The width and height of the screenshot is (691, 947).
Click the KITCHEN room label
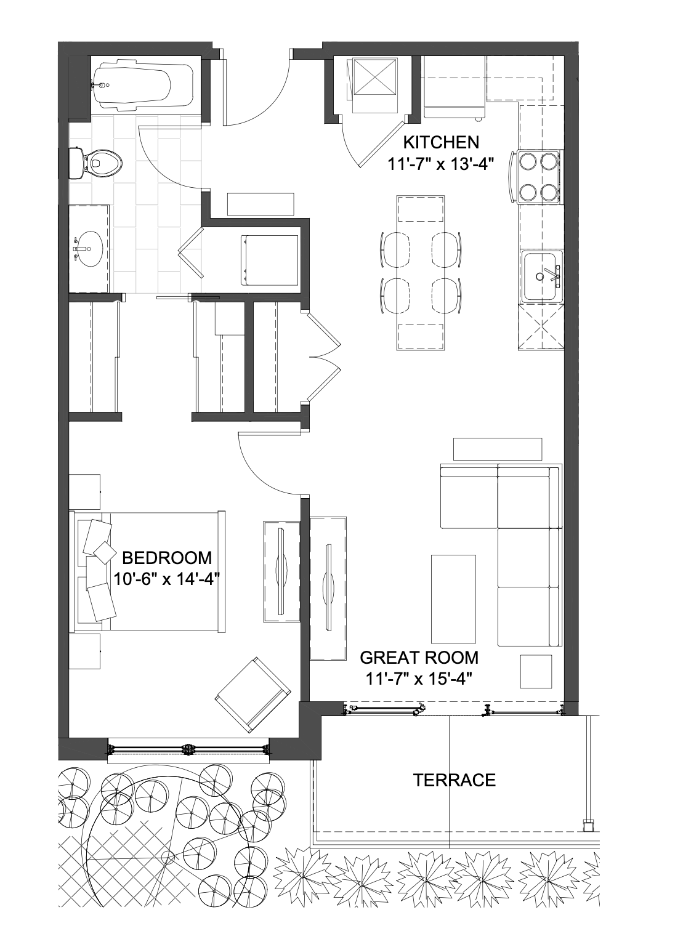pyautogui.click(x=440, y=142)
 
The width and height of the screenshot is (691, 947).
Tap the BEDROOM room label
pyautogui.click(x=167, y=558)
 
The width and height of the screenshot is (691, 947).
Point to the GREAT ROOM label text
pyautogui.click(x=419, y=658)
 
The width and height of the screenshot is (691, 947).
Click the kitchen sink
pyautogui.click(x=542, y=276)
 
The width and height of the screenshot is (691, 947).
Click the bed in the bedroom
pyautogui.click(x=147, y=572)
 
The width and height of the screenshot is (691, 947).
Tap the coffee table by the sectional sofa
pyautogui.click(x=453, y=605)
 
